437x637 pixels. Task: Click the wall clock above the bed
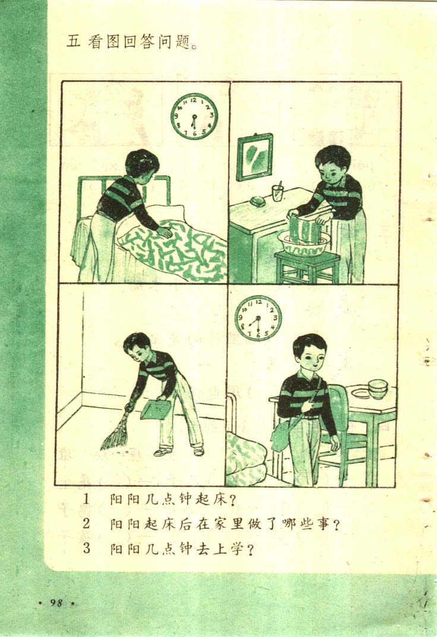194,116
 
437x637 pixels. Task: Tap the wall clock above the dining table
258,318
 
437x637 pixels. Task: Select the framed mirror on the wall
254,156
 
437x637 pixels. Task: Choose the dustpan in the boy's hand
156,409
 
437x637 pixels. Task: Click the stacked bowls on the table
378,389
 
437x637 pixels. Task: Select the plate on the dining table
361,393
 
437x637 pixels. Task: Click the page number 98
57,603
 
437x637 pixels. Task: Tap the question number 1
86,499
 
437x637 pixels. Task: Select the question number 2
87,524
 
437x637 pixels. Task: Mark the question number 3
87,548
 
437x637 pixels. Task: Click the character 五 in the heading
74,42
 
